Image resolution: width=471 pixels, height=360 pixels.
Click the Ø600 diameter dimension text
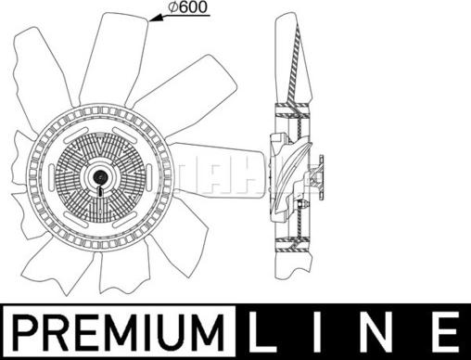click(187, 7)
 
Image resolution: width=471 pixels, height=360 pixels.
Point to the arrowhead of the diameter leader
click(155, 19)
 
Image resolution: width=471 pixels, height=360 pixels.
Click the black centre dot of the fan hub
click(100, 176)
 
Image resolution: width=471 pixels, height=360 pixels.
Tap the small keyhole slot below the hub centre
click(100, 191)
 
